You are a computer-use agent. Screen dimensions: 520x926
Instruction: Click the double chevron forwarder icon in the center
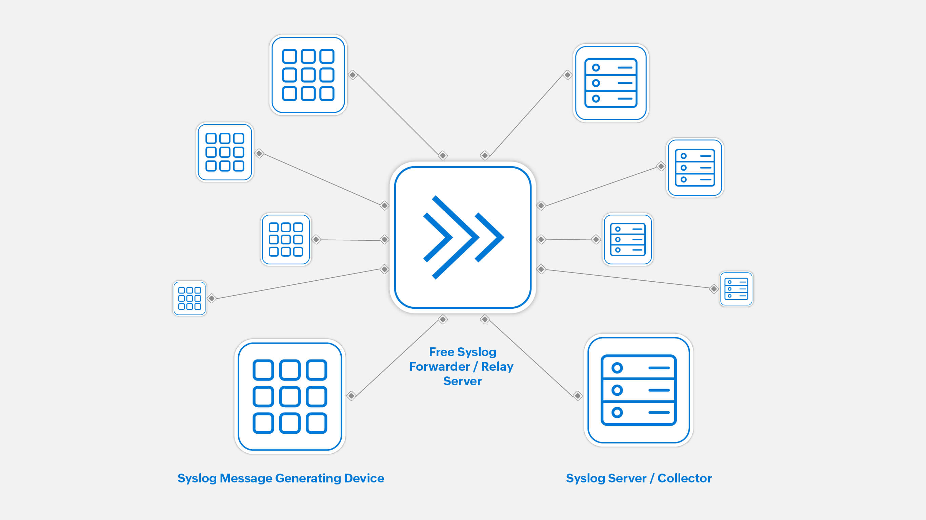[463, 237]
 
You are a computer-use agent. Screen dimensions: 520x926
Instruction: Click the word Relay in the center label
[497, 366]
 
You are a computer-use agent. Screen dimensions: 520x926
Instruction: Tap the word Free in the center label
[441, 352]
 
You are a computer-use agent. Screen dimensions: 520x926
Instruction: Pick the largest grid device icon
[290, 396]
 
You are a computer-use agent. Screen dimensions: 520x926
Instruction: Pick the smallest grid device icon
[189, 298]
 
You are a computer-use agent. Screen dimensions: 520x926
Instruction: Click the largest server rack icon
[639, 390]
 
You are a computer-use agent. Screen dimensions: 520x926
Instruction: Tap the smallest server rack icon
[736, 289]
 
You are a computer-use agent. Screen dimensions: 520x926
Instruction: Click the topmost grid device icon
[308, 75]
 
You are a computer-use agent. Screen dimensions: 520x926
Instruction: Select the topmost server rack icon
[610, 83]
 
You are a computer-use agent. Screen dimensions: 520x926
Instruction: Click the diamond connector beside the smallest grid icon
[212, 298]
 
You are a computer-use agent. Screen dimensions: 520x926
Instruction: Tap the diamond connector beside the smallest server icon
[713, 289]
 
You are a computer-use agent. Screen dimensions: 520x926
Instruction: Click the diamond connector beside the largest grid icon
[351, 396]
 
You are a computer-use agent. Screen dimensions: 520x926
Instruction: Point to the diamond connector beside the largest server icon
[577, 396]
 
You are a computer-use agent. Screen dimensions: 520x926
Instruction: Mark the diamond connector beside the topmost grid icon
[353, 75]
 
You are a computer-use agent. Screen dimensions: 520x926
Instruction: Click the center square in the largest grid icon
[290, 396]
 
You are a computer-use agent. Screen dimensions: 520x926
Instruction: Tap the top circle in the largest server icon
[617, 368]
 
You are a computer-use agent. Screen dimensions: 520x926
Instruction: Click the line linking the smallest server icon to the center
[627, 279]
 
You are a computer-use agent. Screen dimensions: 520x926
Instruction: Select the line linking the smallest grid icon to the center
[298, 284]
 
